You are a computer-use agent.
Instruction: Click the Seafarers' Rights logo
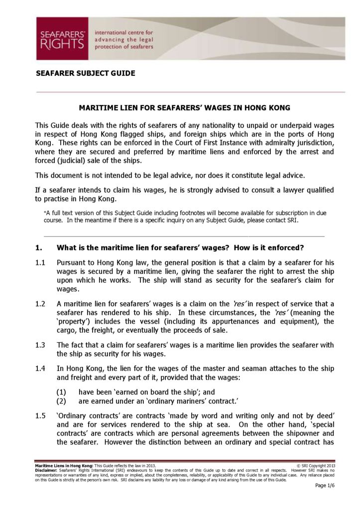click(62, 38)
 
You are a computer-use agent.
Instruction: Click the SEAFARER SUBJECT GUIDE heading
click(85, 73)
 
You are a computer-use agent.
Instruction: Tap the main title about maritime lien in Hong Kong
click(185, 107)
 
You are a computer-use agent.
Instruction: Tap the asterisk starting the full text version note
click(46, 213)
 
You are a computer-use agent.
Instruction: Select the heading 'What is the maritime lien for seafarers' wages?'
click(180, 248)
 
